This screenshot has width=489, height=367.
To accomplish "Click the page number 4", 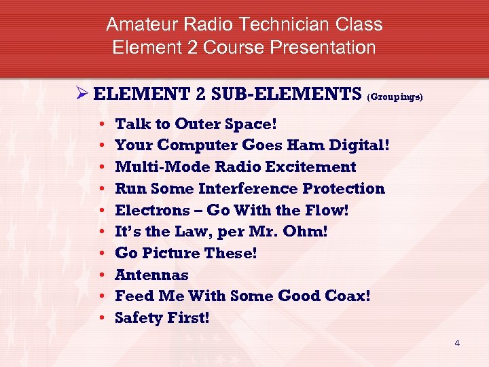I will coord(457,343).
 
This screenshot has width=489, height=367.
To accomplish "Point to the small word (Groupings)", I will coord(395,97).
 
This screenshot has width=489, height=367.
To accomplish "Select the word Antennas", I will coord(152,275).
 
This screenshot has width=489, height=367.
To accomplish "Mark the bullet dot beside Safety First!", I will coord(100,318).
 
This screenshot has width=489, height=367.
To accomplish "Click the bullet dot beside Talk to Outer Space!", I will coord(100,124).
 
